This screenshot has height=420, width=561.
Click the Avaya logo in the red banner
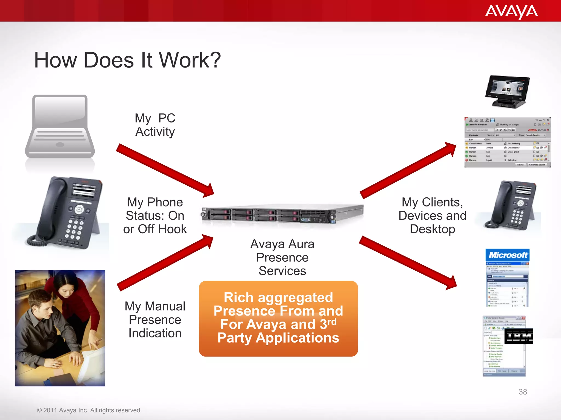[x=511, y=11]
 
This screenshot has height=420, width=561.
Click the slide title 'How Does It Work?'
[x=127, y=60]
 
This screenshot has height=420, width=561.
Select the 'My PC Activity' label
[x=155, y=125]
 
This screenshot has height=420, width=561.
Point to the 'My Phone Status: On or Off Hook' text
[x=155, y=216]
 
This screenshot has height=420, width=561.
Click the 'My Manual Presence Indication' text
[x=155, y=320]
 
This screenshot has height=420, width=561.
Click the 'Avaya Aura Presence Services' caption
[x=282, y=257]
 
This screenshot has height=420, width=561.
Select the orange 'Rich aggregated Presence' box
[x=278, y=319]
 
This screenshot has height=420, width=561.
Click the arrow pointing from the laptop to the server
[x=164, y=170]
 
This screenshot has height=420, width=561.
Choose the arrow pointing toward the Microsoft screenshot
[x=408, y=262]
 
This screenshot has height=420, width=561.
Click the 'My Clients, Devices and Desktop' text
[x=432, y=216]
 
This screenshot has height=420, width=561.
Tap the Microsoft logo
[x=508, y=255]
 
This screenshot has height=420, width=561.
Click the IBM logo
[x=519, y=336]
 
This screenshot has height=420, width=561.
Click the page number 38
[x=523, y=392]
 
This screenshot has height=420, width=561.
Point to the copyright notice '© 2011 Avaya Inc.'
[x=89, y=410]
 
